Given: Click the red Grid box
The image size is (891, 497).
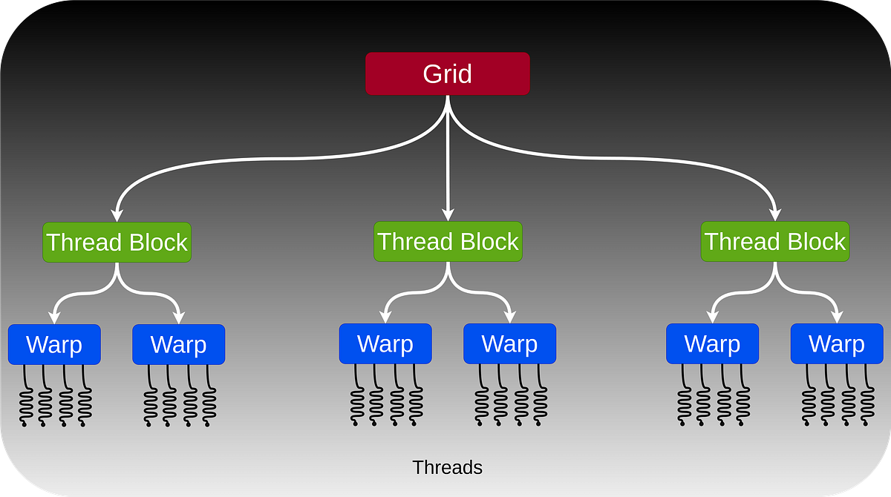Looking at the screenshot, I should [447, 73].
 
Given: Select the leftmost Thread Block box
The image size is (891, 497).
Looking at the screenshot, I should [117, 242].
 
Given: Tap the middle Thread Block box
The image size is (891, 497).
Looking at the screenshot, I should [448, 241].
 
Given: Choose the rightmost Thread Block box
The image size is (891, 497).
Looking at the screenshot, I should [775, 241].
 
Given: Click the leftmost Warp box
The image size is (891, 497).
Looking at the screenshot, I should [54, 344].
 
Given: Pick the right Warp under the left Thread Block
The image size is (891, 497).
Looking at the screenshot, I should [178, 344].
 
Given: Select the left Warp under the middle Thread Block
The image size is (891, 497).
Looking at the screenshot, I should [385, 343].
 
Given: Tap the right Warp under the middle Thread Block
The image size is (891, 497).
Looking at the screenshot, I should [509, 343].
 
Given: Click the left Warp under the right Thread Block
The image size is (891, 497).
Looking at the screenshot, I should [712, 343].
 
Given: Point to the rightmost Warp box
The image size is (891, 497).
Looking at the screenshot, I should [837, 343].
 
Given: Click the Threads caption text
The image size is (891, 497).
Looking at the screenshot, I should [447, 467].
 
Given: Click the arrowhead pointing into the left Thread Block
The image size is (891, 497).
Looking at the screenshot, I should [117, 214].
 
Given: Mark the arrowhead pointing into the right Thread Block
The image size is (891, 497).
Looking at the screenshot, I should [776, 214].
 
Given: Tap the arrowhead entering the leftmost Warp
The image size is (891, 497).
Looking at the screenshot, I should [54, 317].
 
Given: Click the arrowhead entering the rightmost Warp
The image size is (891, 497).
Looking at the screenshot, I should [838, 316].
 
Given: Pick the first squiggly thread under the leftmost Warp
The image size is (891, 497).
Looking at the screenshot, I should [24, 397].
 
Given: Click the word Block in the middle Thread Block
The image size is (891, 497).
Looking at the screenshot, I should [488, 241].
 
